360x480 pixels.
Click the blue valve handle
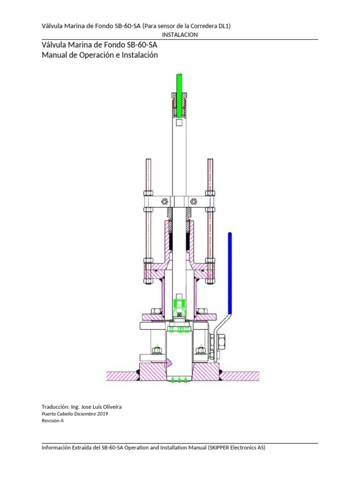[x=230, y=272]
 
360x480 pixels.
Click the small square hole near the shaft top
[x=179, y=123]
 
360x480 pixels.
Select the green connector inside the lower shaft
[x=179, y=303]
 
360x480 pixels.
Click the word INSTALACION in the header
[x=180, y=35]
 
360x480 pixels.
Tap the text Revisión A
[x=53, y=421]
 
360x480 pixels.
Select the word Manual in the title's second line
[x=54, y=55]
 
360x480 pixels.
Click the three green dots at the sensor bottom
[x=180, y=379]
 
